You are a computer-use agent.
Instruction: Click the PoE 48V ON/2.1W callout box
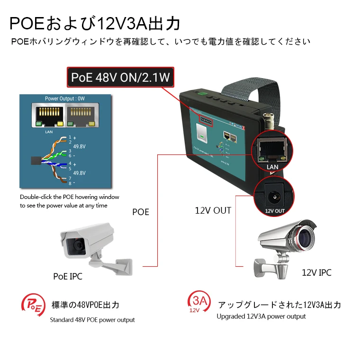[x=120, y=77]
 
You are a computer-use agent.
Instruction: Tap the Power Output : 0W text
[x=64, y=99]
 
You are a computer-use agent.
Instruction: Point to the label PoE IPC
[x=68, y=276]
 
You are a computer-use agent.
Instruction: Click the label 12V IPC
[x=316, y=272]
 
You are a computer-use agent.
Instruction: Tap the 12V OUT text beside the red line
[x=213, y=210]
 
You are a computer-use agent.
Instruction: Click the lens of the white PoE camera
[x=75, y=245]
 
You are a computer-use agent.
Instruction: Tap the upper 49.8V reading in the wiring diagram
[x=80, y=146]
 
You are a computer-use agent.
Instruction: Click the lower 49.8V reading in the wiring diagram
[x=80, y=173]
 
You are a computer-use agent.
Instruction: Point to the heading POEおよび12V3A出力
[x=95, y=23]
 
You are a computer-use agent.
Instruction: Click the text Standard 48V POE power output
[x=92, y=320]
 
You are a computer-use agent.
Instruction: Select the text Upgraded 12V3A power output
[x=261, y=316]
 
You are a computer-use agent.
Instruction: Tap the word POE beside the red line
[x=140, y=212]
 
